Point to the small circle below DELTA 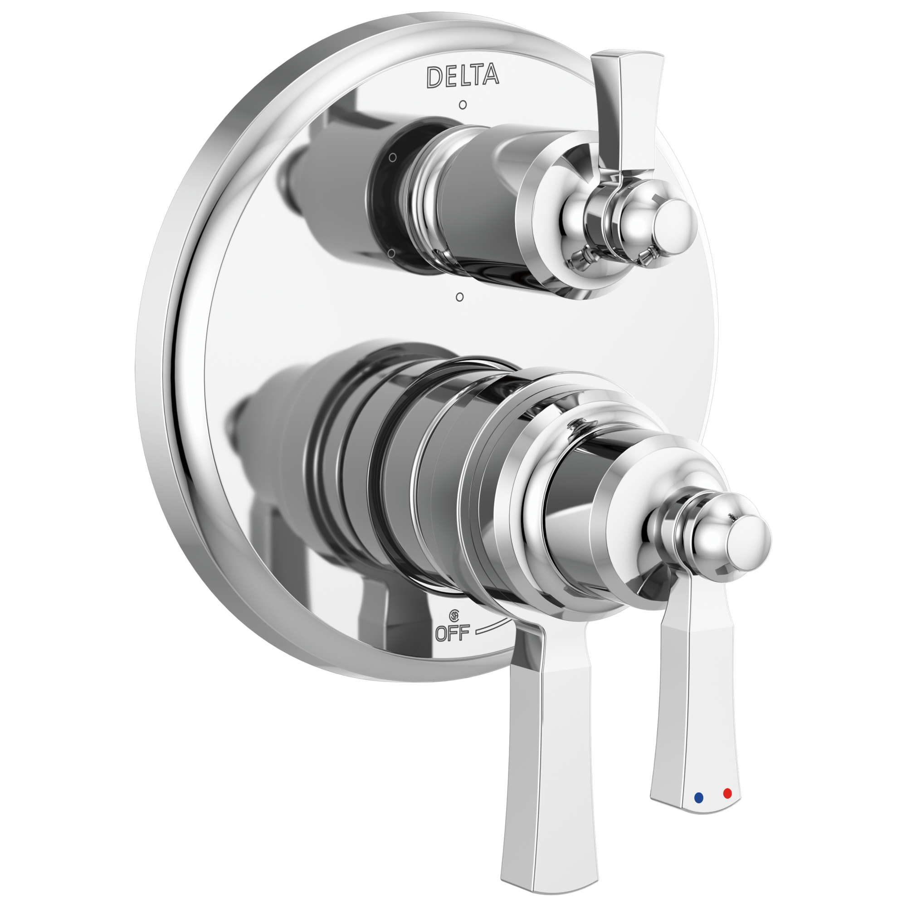click(x=463, y=105)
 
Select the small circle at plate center click(x=460, y=297)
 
